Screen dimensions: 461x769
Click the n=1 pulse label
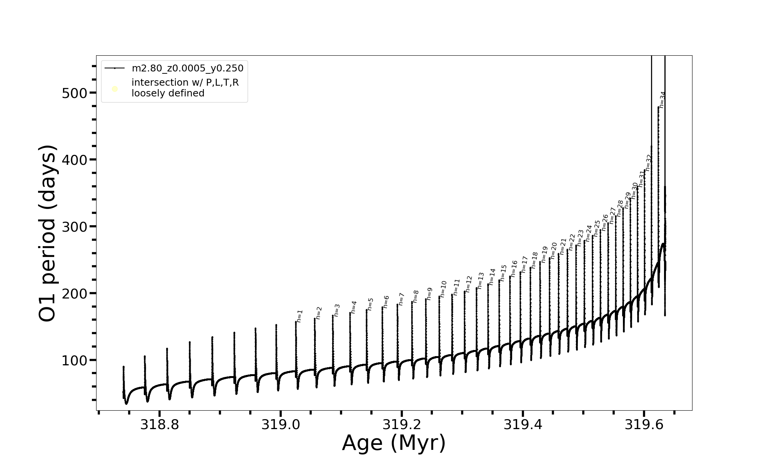pyautogui.click(x=300, y=316)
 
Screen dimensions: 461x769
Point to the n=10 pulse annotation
pyautogui.click(x=443, y=289)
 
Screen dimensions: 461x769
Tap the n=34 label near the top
pyautogui.click(x=662, y=100)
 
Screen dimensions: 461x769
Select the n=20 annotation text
pyautogui.click(x=554, y=250)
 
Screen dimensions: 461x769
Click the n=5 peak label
pyautogui.click(x=370, y=304)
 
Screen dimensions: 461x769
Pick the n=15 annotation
pyautogui.click(x=504, y=273)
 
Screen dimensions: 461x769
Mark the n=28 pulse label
pyautogui.click(x=620, y=208)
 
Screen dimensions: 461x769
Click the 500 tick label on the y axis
pyautogui.click(x=74, y=93)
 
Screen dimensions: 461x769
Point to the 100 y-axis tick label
pyautogui.click(x=74, y=361)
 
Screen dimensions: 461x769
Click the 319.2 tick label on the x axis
pyautogui.click(x=402, y=425)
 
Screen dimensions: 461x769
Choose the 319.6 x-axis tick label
pyautogui.click(x=644, y=425)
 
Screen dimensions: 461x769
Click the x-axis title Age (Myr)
pyautogui.click(x=394, y=443)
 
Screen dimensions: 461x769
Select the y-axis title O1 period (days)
pyautogui.click(x=48, y=233)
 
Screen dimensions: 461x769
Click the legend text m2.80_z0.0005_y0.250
pyautogui.click(x=188, y=68)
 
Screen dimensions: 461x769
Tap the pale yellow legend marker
pyautogui.click(x=115, y=89)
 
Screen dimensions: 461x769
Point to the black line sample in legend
pyautogui.click(x=115, y=68)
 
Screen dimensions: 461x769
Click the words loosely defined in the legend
pyautogui.click(x=168, y=93)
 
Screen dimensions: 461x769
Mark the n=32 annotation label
pyautogui.click(x=649, y=163)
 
